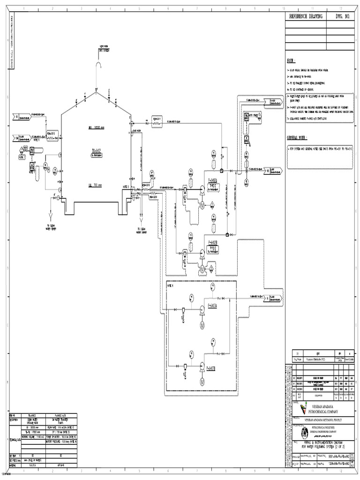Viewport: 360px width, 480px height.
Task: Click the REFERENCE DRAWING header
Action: click(x=306, y=16)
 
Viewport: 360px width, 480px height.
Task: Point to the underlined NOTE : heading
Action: click(x=291, y=61)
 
